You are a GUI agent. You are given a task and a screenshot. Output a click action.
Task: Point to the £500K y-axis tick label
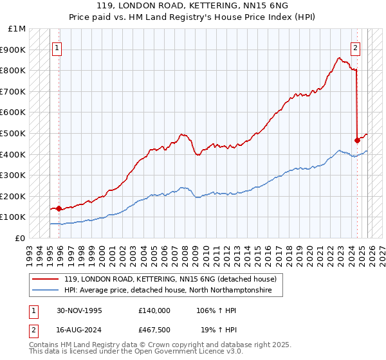(x=14, y=133)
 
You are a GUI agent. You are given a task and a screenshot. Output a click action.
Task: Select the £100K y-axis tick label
(x=14, y=217)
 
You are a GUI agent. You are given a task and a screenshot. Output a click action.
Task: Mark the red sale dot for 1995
(x=59, y=208)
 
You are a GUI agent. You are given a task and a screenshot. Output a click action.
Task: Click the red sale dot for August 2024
(x=357, y=139)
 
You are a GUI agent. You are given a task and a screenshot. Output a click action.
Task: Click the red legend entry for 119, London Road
(x=170, y=279)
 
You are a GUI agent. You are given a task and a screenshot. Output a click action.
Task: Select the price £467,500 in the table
(x=154, y=328)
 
